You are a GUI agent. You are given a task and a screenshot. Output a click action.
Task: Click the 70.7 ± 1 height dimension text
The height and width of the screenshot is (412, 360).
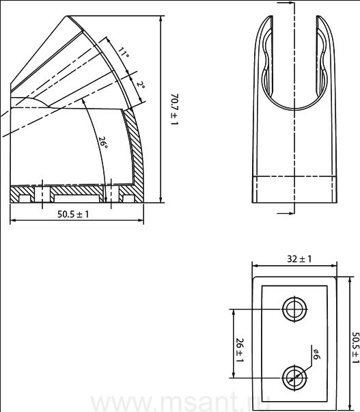[x=174, y=109]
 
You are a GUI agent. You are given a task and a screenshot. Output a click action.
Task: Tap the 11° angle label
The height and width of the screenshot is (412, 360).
[x=123, y=53]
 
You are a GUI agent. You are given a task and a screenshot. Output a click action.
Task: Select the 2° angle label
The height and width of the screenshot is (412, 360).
[x=141, y=85]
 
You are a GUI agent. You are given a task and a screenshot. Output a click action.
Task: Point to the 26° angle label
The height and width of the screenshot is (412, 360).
[x=103, y=143]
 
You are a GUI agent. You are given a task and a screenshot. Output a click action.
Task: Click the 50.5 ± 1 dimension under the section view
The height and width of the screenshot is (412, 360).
[x=73, y=215]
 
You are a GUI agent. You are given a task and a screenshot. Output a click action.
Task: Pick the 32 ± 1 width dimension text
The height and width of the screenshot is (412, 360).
[x=299, y=259]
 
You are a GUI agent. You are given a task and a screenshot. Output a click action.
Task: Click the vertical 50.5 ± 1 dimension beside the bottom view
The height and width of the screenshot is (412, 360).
[x=355, y=348]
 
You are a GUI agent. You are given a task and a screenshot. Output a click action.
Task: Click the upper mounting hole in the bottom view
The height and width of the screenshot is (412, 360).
[x=295, y=310]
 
